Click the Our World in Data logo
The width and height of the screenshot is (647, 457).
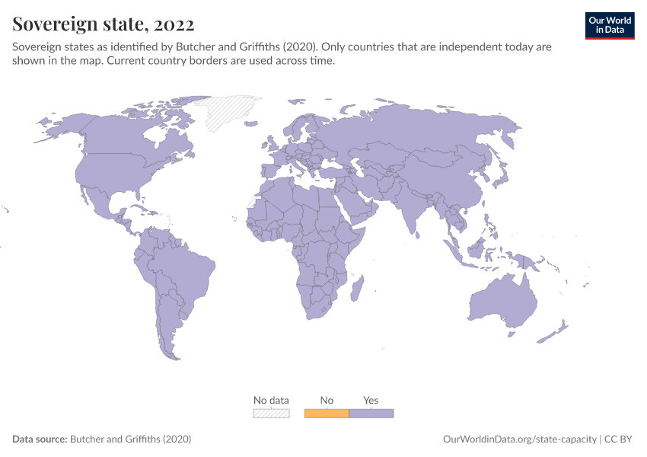[x=610, y=25]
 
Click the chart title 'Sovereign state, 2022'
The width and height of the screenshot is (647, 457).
[x=104, y=24]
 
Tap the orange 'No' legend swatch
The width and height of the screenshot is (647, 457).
[x=327, y=414]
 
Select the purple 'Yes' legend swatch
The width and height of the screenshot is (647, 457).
[x=371, y=414]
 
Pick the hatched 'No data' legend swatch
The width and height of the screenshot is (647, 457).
[x=271, y=414]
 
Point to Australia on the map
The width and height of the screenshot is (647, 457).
[x=499, y=301]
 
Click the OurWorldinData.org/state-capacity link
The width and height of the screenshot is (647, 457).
[x=519, y=439]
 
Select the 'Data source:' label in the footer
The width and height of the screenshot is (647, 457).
[x=40, y=439]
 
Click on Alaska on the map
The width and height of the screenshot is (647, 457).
[x=65, y=126]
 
